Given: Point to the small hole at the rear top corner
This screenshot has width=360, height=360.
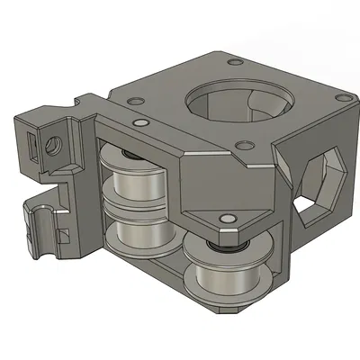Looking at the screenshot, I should click(235, 62).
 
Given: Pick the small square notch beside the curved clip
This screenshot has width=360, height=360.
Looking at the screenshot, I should click(65, 236).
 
